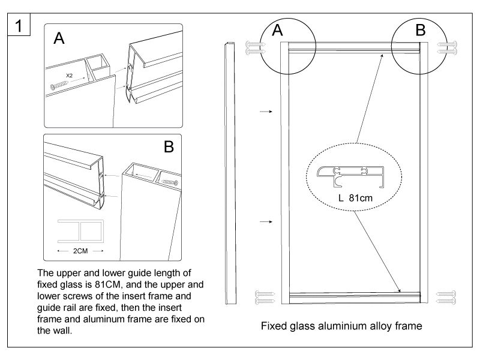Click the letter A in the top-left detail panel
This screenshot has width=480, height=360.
(59, 39)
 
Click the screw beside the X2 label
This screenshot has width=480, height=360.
(61, 86)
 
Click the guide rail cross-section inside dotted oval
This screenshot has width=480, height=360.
(350, 173)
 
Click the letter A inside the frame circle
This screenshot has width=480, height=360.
(277, 31)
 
